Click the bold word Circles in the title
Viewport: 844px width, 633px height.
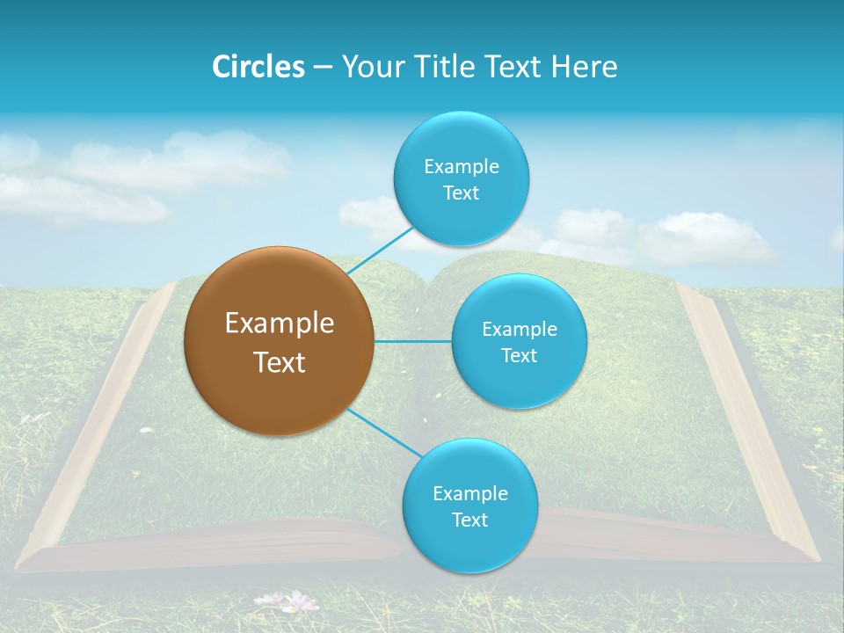point(258,67)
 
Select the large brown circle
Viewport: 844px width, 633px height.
point(279,341)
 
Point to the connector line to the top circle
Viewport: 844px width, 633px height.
point(380,249)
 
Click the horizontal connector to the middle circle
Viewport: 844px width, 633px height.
point(413,341)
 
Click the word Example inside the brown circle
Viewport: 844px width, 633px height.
point(279,324)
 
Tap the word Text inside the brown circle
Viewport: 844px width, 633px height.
point(279,362)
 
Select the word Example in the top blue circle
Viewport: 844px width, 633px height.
point(461,167)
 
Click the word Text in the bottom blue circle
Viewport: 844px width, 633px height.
point(469,520)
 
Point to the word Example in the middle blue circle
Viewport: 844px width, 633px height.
point(519,330)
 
